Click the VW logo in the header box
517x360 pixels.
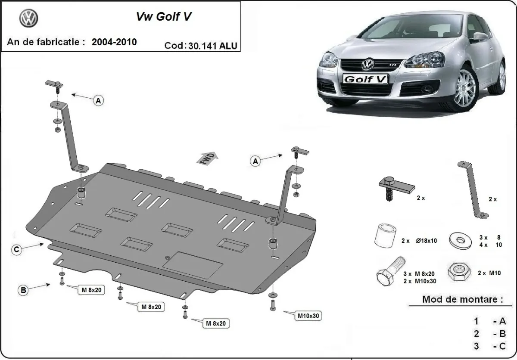click(x=29, y=19)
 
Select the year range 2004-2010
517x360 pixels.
click(x=114, y=42)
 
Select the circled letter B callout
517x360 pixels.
click(x=23, y=291)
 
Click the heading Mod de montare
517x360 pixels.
click(x=462, y=299)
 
